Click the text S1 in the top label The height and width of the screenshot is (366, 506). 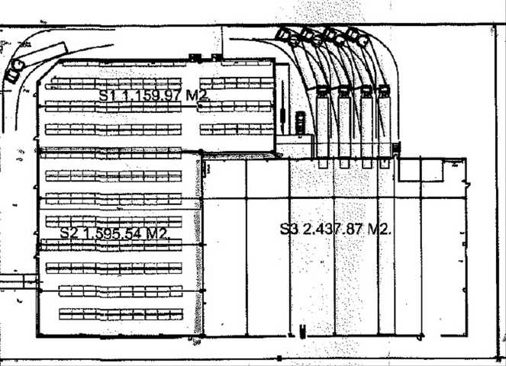[x=107, y=95]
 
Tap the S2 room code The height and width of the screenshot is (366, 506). [x=69, y=233]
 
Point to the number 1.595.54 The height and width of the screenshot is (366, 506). [x=112, y=233]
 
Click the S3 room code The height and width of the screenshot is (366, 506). [x=289, y=229]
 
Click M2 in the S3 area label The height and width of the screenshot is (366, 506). [x=380, y=230]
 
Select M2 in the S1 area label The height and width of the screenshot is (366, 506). [x=198, y=96]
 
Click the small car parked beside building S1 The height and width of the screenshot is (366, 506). [x=300, y=123]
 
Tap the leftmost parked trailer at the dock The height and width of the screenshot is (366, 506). [x=323, y=122]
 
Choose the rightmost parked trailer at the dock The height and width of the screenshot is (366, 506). [x=385, y=121]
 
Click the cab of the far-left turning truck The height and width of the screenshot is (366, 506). [x=15, y=71]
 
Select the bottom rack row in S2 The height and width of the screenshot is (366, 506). [x=121, y=314]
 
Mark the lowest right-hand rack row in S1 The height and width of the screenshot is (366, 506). [x=237, y=130]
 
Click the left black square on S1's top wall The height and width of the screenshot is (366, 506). [x=195, y=58]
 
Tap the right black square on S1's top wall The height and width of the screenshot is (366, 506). [x=217, y=57]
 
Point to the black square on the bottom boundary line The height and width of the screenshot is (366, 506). [x=279, y=358]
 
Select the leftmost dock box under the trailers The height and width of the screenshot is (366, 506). [x=323, y=163]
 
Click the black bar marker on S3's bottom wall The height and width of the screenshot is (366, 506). [x=302, y=332]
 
